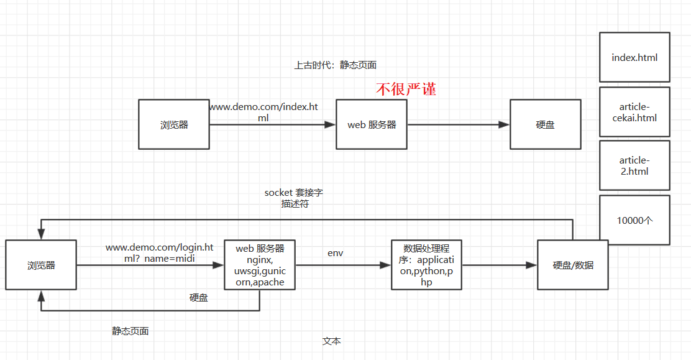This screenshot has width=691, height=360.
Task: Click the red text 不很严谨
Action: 406,90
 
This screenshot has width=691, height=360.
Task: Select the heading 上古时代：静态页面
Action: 335,65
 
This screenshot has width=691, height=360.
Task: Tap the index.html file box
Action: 634,57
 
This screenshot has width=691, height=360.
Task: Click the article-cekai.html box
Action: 634,112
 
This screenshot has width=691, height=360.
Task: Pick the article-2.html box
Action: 634,165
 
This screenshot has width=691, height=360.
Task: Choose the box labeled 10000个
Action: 634,220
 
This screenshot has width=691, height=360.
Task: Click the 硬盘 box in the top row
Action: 545,124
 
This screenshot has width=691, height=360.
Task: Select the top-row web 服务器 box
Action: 372,124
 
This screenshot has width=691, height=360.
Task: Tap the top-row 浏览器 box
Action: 174,124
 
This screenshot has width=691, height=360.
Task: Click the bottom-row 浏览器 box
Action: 41,265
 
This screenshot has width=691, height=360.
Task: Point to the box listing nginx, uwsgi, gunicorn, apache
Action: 260,265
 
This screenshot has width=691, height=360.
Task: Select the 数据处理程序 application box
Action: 426,265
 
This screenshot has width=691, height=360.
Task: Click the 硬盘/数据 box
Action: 573,265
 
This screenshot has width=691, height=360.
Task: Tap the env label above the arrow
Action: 336,253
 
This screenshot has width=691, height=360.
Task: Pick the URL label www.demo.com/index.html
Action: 263,113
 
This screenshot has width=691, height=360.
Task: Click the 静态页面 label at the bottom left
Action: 130,331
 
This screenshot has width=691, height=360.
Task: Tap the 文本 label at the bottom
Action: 331,341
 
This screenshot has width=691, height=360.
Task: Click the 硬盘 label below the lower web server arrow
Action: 199,298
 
